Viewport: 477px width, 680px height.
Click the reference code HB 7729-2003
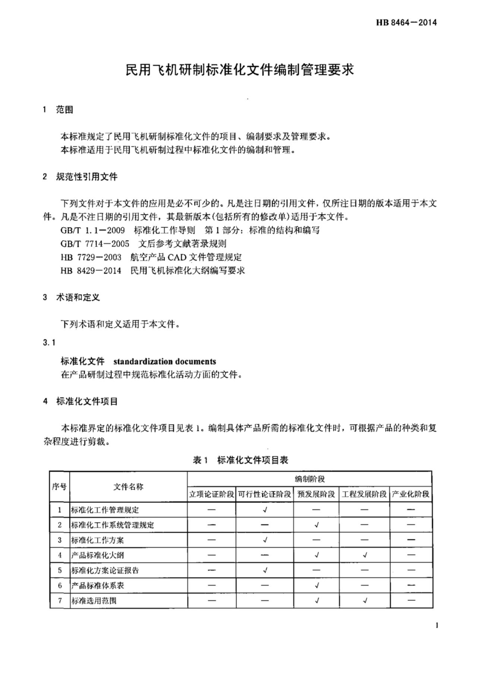(91, 257)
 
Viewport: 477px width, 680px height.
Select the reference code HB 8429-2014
(91, 270)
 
